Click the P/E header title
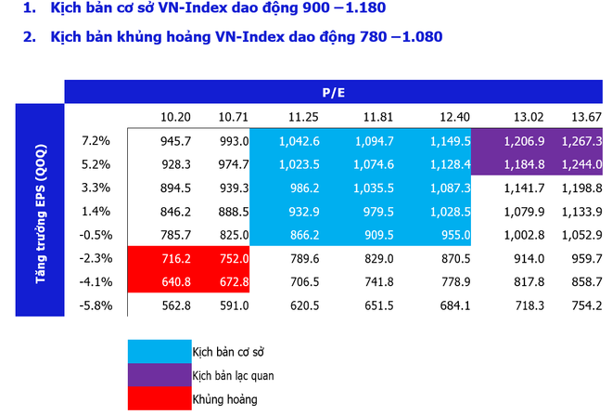click(x=333, y=92)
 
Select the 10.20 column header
click(x=175, y=117)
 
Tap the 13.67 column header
click(x=586, y=117)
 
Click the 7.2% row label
click(x=96, y=141)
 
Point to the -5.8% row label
click(x=96, y=304)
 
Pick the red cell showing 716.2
click(x=175, y=257)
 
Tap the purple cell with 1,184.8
click(x=524, y=164)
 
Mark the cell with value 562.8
click(x=175, y=304)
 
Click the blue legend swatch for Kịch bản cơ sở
click(x=158, y=350)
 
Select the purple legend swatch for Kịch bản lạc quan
click(x=158, y=375)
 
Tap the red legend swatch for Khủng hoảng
click(x=158, y=399)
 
